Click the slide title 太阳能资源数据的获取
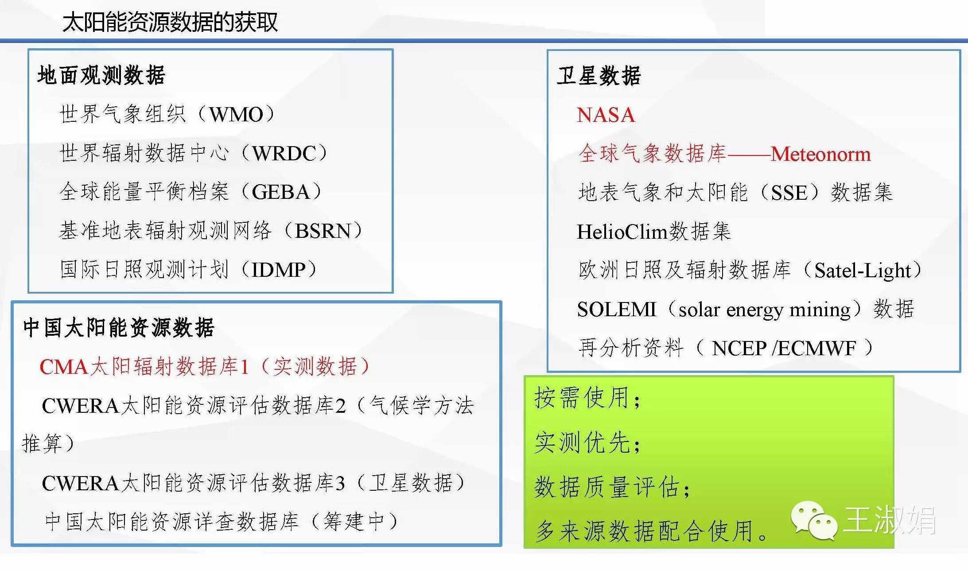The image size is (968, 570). pyautogui.click(x=170, y=22)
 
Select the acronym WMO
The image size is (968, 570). pyautogui.click(x=237, y=115)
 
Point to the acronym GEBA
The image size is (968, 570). pyautogui.click(x=280, y=192)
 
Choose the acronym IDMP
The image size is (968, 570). pyautogui.click(x=278, y=270)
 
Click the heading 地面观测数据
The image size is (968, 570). pyautogui.click(x=101, y=75)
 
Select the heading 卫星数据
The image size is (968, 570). pyautogui.click(x=599, y=76)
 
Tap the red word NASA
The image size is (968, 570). pyautogui.click(x=606, y=115)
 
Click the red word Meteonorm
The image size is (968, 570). pyautogui.click(x=820, y=154)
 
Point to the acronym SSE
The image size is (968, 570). pyautogui.click(x=789, y=193)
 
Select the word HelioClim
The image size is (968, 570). pyautogui.click(x=622, y=231)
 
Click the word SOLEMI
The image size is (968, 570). pyautogui.click(x=616, y=309)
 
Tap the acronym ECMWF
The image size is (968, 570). pyautogui.click(x=817, y=348)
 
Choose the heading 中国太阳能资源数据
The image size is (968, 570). pyautogui.click(x=119, y=328)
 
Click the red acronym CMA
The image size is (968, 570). pyautogui.click(x=64, y=367)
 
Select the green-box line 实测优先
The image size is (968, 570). pyautogui.click(x=587, y=442)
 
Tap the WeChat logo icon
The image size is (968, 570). pyautogui.click(x=814, y=520)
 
